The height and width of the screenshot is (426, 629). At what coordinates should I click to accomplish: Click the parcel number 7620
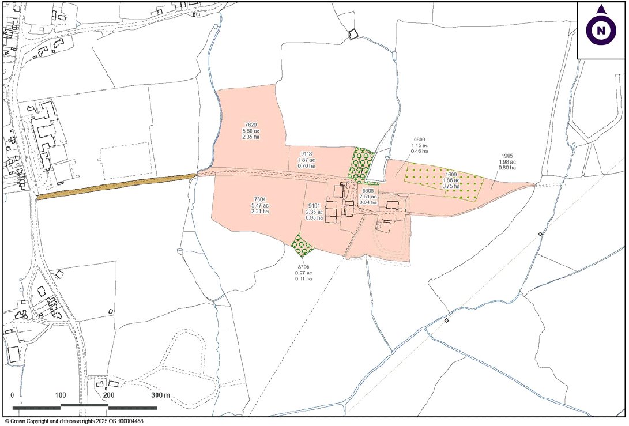[x=250, y=125]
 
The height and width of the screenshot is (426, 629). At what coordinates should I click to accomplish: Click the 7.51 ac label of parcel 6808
[x=368, y=196]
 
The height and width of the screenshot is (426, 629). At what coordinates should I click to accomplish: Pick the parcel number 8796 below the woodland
[x=304, y=267]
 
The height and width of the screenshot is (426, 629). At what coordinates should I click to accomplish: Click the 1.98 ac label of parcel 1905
[x=506, y=162]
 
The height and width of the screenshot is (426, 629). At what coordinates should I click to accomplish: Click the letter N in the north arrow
[x=601, y=31]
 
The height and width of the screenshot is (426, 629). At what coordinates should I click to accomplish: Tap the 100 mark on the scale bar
[x=60, y=396]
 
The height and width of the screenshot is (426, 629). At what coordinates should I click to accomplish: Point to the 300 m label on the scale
[x=161, y=396]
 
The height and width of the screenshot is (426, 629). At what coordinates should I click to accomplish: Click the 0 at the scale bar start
[x=13, y=396]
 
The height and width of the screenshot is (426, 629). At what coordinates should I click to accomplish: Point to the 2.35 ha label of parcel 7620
[x=250, y=137]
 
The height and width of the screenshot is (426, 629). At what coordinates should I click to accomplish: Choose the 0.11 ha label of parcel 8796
[x=304, y=278]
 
